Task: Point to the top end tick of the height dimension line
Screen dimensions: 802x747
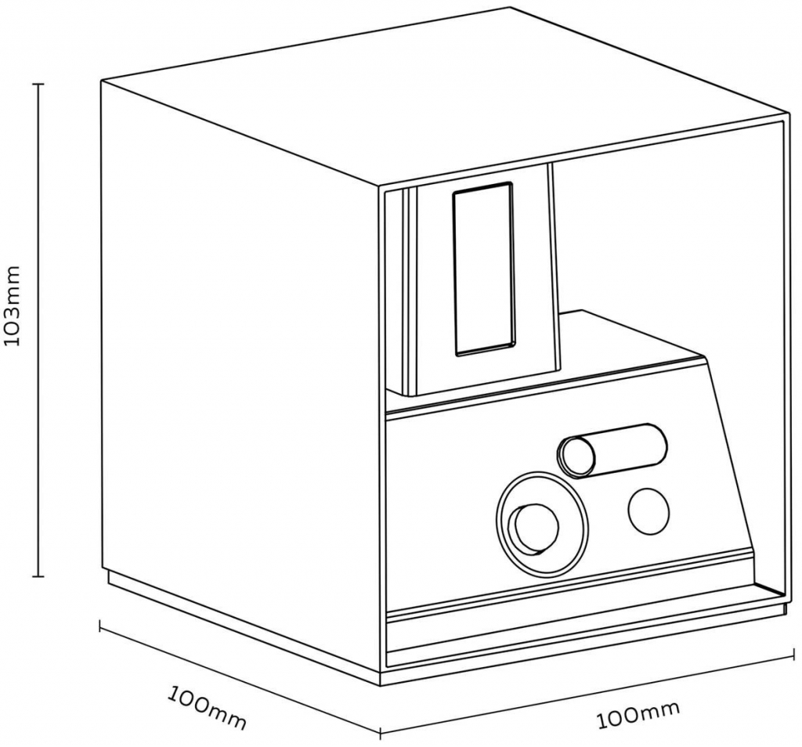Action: point(38,83)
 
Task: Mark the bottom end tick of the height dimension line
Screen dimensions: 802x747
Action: point(38,576)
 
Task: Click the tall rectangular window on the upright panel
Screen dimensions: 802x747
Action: point(483,269)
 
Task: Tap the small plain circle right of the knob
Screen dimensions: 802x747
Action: point(648,512)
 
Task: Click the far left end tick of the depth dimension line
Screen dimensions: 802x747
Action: point(99,624)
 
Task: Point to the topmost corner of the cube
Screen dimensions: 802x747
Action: point(510,6)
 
